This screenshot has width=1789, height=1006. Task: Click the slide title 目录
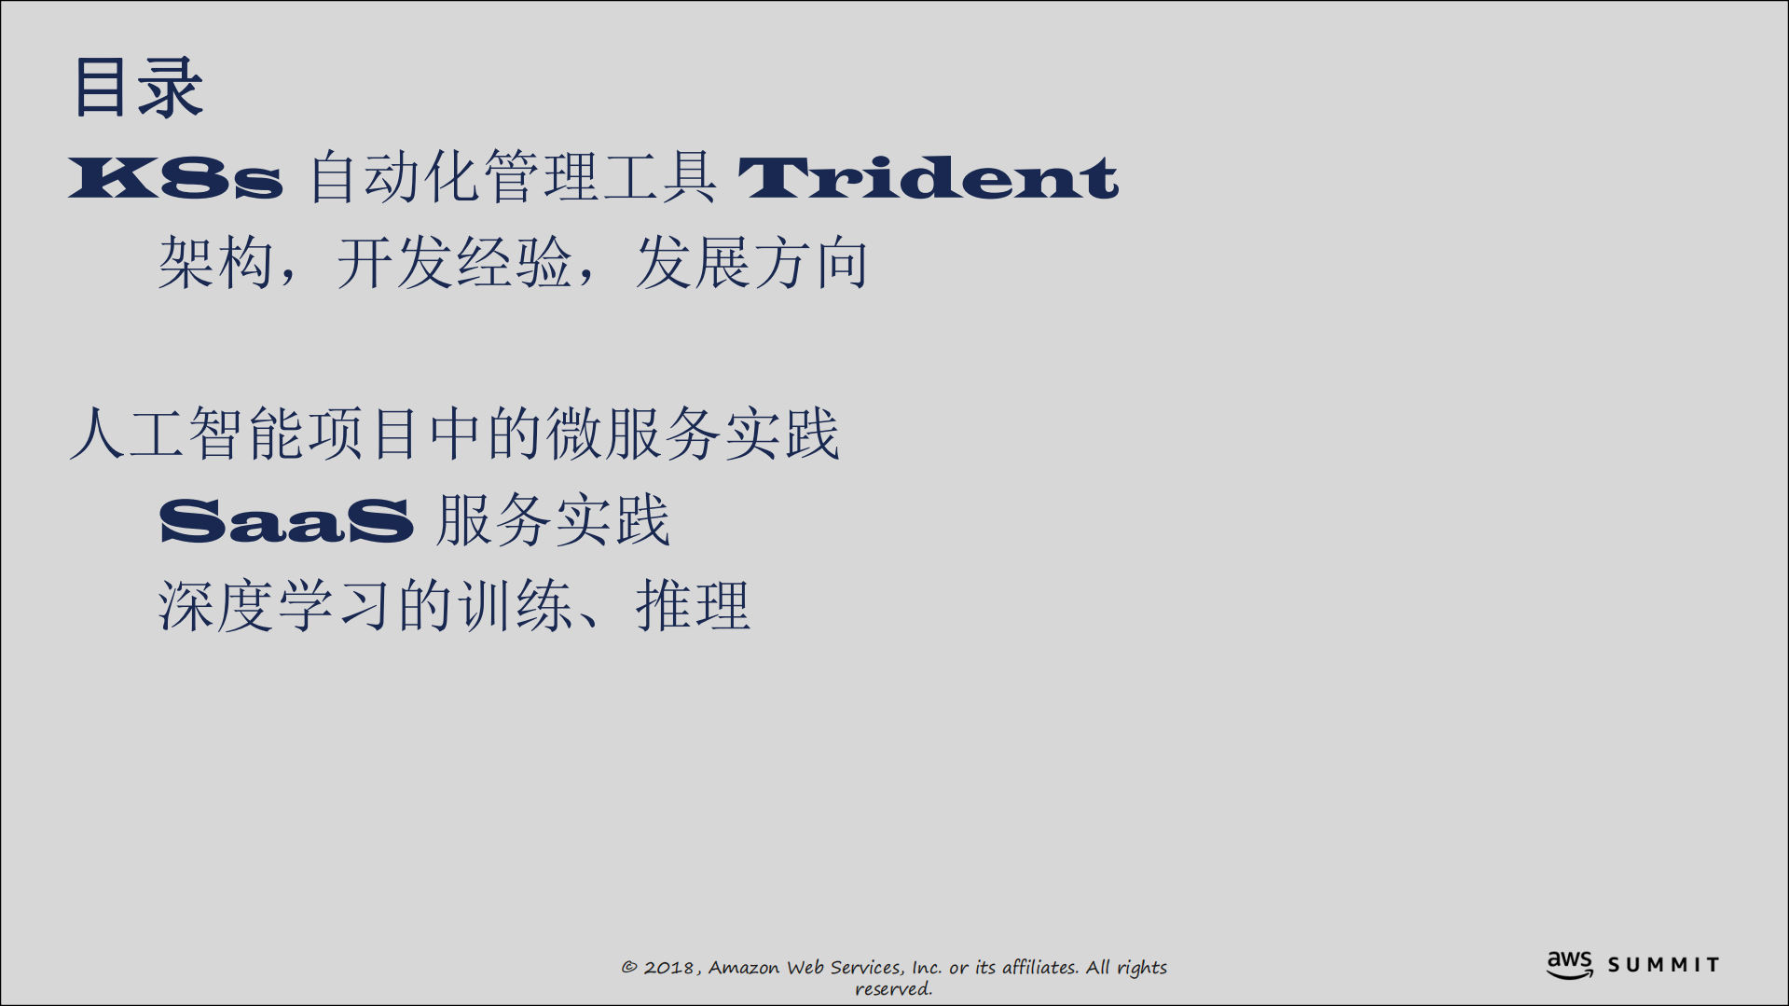pos(138,88)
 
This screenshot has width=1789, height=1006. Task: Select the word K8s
pos(175,177)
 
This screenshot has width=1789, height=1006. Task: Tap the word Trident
pos(928,177)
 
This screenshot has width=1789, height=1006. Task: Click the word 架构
pos(215,263)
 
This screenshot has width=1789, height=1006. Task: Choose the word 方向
pos(811,263)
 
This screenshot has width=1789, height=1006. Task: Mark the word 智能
pos(246,434)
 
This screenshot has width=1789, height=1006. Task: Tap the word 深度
pos(215,606)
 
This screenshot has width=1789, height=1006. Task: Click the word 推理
pos(693,606)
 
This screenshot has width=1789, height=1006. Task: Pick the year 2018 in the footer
pos(668,968)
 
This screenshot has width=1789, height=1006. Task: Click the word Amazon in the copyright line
pos(743,968)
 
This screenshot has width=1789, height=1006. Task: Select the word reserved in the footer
pos(893,989)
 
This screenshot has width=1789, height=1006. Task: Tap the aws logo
pos(1570,964)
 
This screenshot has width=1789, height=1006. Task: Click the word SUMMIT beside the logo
pos(1663,965)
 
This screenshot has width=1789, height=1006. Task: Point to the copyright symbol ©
pos(629,968)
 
